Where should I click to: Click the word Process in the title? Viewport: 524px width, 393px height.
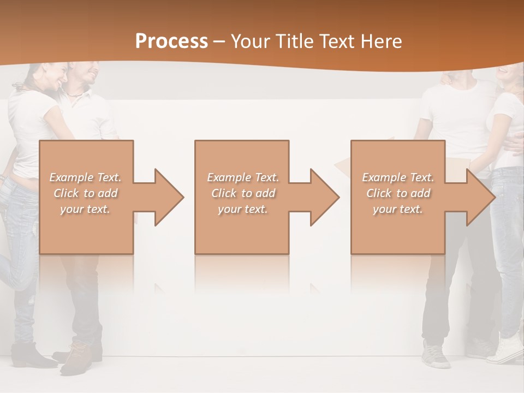tap(171, 41)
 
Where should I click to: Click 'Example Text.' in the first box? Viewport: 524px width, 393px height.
tap(85, 177)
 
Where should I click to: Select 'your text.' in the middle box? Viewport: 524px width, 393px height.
tap(242, 209)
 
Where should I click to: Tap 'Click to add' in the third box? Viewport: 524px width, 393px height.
tap(398, 193)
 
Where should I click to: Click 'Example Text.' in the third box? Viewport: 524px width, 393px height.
tap(398, 177)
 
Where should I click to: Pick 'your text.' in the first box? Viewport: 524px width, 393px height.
tap(85, 209)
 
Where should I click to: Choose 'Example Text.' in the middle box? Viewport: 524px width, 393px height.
tap(242, 177)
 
